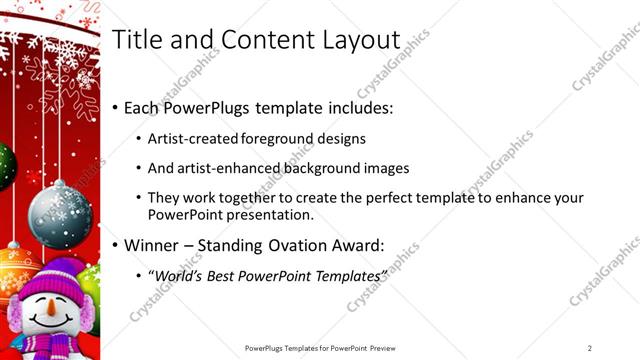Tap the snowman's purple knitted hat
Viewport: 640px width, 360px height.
coord(44,278)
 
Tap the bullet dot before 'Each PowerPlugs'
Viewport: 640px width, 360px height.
coord(116,107)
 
